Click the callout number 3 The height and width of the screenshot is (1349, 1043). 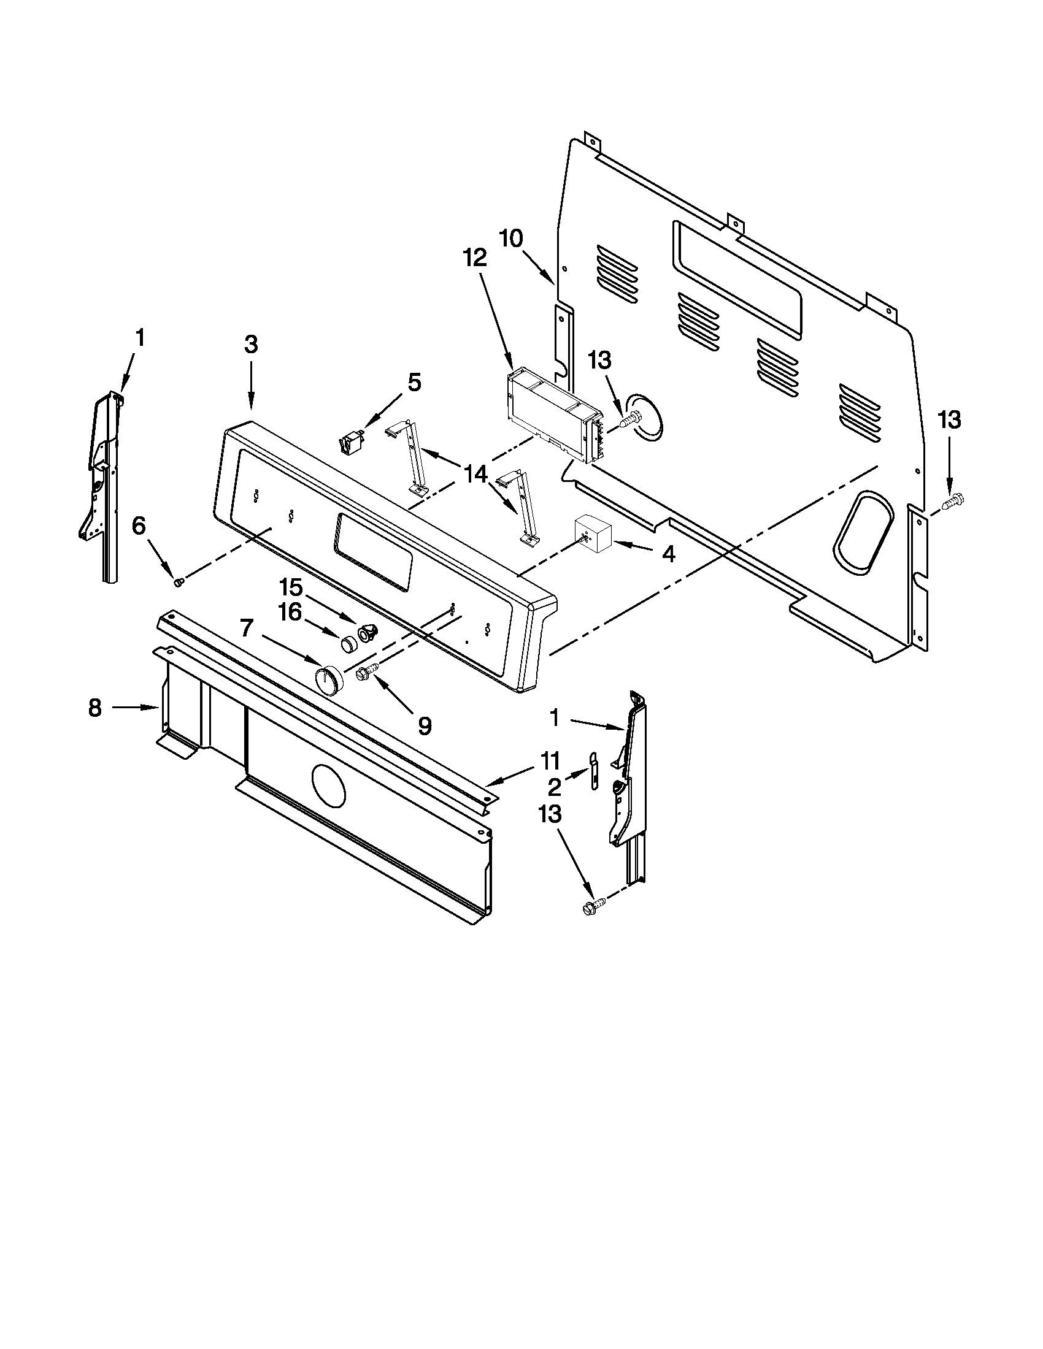[x=250, y=345]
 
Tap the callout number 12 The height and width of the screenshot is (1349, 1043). [x=475, y=258]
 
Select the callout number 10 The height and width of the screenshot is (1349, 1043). [x=510, y=238]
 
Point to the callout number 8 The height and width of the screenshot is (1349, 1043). [x=94, y=708]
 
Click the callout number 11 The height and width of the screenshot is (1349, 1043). [x=550, y=760]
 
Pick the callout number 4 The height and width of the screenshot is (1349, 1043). [x=668, y=554]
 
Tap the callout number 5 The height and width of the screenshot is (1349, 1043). [x=414, y=383]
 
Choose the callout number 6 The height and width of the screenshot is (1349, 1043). [x=139, y=526]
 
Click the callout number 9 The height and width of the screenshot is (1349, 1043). [x=424, y=726]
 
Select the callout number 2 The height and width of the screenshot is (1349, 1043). [x=554, y=787]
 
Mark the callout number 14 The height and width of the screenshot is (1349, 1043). [x=476, y=475]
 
